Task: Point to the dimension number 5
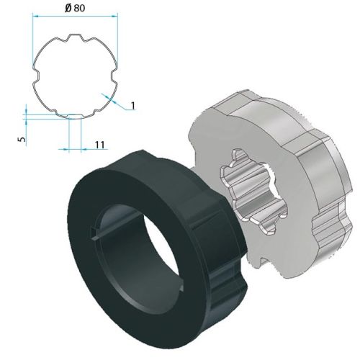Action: [x=22, y=134]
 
